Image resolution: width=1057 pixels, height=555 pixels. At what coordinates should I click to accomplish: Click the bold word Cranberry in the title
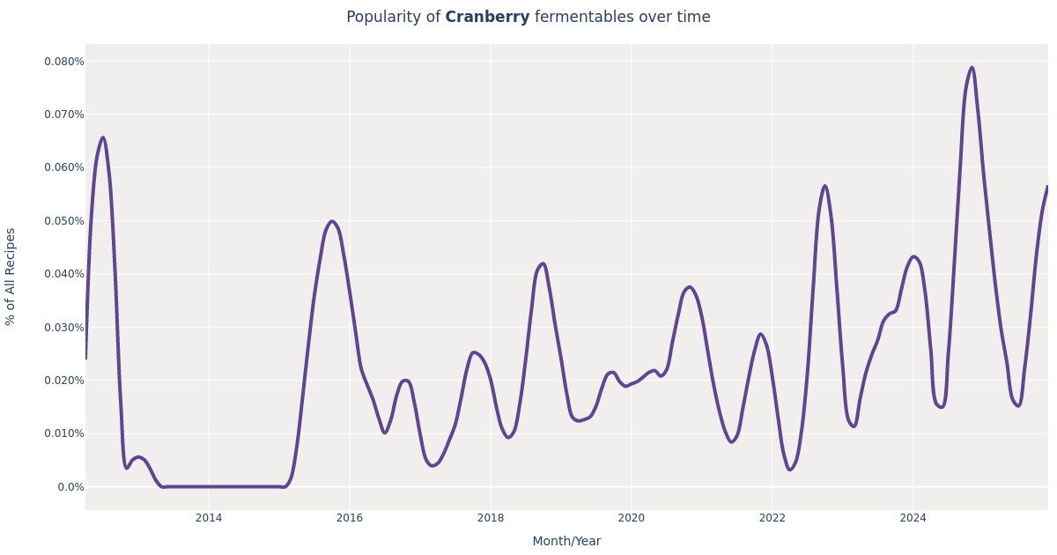pyautogui.click(x=487, y=18)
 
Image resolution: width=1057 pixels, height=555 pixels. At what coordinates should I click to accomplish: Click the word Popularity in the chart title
pyautogui.click(x=392, y=18)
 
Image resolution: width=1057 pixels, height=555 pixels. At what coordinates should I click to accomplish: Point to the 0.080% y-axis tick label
pyautogui.click(x=64, y=62)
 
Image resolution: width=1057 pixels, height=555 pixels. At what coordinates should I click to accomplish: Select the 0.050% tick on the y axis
pyautogui.click(x=64, y=221)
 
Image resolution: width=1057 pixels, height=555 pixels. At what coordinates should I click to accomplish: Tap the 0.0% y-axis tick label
pyautogui.click(x=70, y=487)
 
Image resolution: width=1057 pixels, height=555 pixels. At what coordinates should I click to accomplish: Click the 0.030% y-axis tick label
pyautogui.click(x=64, y=328)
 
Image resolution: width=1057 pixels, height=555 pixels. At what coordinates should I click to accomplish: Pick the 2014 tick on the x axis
pyautogui.click(x=209, y=518)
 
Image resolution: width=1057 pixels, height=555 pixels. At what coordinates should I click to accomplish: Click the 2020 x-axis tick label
pyautogui.click(x=632, y=518)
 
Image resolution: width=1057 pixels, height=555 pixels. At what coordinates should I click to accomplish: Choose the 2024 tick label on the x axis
pyautogui.click(x=913, y=518)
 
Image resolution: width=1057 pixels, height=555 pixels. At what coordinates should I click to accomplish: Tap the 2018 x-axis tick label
pyautogui.click(x=491, y=518)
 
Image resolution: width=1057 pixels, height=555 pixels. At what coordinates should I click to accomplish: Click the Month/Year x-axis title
pyautogui.click(x=566, y=542)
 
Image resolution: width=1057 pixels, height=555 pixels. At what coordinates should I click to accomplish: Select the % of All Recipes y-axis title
pyautogui.click(x=11, y=277)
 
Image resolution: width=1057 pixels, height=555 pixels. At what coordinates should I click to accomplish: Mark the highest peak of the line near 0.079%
pyautogui.click(x=972, y=68)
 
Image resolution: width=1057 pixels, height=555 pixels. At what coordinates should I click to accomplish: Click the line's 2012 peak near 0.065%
pyautogui.click(x=103, y=137)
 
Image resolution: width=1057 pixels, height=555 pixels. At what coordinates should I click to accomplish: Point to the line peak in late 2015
pyautogui.click(x=332, y=222)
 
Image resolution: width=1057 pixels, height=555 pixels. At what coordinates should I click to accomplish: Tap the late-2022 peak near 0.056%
pyautogui.click(x=824, y=186)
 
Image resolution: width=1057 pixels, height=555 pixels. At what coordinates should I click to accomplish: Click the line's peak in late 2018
pyautogui.click(x=543, y=263)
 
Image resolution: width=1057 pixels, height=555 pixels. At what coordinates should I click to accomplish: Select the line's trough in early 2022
pyautogui.click(x=790, y=470)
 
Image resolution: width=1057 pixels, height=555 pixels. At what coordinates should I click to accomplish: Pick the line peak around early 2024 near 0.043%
pyautogui.click(x=913, y=256)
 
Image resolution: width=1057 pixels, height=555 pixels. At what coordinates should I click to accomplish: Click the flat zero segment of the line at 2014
pyautogui.click(x=209, y=486)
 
